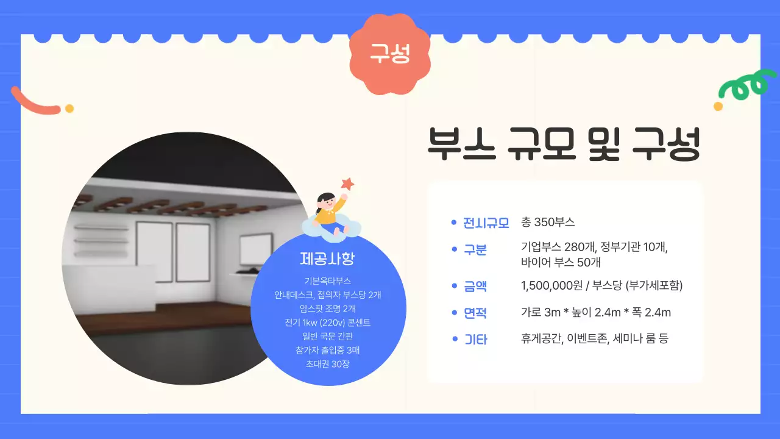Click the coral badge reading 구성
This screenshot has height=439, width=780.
click(390, 54)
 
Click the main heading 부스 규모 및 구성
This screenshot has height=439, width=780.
click(564, 144)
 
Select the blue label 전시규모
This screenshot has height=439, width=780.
click(486, 223)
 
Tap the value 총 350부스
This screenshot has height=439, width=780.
click(548, 222)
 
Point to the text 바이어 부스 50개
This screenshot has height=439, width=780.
click(561, 263)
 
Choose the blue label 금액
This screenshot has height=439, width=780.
click(475, 286)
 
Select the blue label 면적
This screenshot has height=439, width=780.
click(475, 313)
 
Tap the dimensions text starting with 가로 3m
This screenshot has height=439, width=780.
click(595, 313)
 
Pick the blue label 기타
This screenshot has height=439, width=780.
click(475, 340)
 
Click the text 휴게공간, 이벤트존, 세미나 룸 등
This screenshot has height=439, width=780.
click(594, 338)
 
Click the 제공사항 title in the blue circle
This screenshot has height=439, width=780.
click(327, 259)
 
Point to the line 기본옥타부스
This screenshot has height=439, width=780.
click(327, 281)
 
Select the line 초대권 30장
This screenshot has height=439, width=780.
click(327, 364)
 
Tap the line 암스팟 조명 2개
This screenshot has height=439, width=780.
click(327, 309)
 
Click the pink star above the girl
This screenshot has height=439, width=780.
click(347, 183)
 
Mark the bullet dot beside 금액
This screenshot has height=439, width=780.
click(453, 286)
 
